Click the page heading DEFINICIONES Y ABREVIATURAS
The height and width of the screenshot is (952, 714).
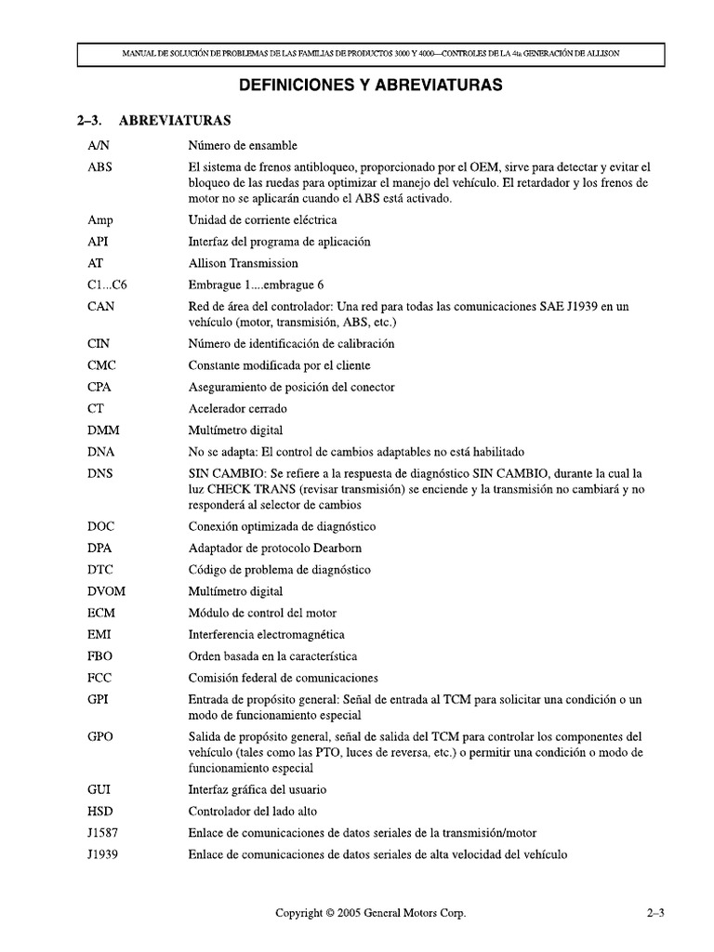point(371,86)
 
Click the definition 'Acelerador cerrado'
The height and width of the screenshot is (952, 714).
point(237,408)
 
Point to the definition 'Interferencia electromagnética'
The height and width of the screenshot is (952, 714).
point(266,634)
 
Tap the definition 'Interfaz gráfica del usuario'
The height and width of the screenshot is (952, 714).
point(257,789)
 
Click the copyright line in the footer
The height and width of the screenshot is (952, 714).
point(370,914)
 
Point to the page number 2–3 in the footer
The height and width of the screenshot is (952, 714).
point(655,914)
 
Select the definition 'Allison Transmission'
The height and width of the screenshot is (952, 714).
point(244,263)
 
